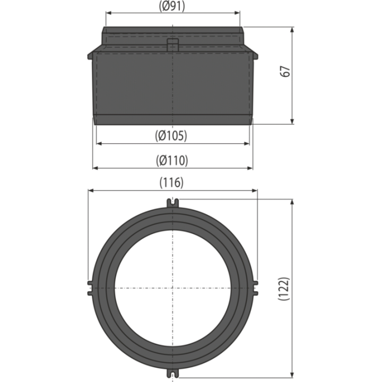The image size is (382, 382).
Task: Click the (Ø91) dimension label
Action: pyautogui.click(x=172, y=6)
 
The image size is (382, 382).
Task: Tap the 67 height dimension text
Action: pyautogui.click(x=285, y=72)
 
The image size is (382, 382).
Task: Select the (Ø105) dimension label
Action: pyautogui.click(x=171, y=135)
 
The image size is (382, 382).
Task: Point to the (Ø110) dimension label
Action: pyautogui.click(x=172, y=161)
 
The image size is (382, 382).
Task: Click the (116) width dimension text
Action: pyautogui.click(x=171, y=183)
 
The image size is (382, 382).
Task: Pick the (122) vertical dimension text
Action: pyautogui.click(x=284, y=289)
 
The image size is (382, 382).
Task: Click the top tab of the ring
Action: pyautogui.click(x=173, y=203)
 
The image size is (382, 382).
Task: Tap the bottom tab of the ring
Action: pyautogui.click(x=173, y=373)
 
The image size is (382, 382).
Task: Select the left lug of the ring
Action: pyautogui.click(x=90, y=288)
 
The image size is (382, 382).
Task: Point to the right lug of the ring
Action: pyautogui.click(x=255, y=288)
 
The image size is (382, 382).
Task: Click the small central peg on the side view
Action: pyautogui.click(x=173, y=45)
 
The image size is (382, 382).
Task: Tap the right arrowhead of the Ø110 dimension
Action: pyautogui.click(x=250, y=168)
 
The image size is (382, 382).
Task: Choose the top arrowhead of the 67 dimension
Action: pyautogui.click(x=292, y=30)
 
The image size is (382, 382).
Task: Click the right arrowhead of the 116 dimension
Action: pyautogui.click(x=255, y=191)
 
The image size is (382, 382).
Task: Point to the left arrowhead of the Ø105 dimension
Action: pyautogui.click(x=99, y=144)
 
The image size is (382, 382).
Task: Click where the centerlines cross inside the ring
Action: pyautogui.click(x=173, y=288)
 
